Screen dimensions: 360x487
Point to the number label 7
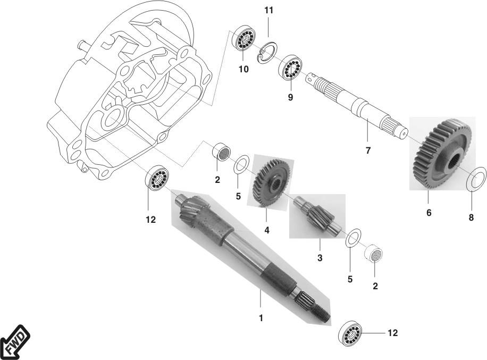[x=367, y=150]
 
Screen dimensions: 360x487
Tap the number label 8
[x=471, y=217]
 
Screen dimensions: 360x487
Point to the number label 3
[x=320, y=258]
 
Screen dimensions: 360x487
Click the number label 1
[x=261, y=318]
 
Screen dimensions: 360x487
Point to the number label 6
[x=429, y=213]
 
